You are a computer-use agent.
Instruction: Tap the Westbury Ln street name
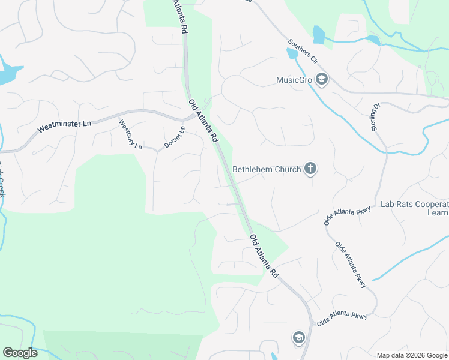tap(130, 135)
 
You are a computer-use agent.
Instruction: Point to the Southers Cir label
tap(303, 52)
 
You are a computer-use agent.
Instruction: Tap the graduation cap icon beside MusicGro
tap(322, 79)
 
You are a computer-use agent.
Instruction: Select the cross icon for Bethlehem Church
tap(310, 169)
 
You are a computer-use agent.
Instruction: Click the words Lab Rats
tap(397, 204)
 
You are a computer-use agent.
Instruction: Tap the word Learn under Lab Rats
tap(438, 212)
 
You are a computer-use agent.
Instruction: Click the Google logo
tap(20, 353)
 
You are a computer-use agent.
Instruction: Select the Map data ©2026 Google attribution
tap(412, 355)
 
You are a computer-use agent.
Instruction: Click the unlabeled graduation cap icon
tap(298, 338)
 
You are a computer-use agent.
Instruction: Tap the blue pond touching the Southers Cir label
tap(292, 53)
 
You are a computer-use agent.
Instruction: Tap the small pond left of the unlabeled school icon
tap(274, 356)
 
